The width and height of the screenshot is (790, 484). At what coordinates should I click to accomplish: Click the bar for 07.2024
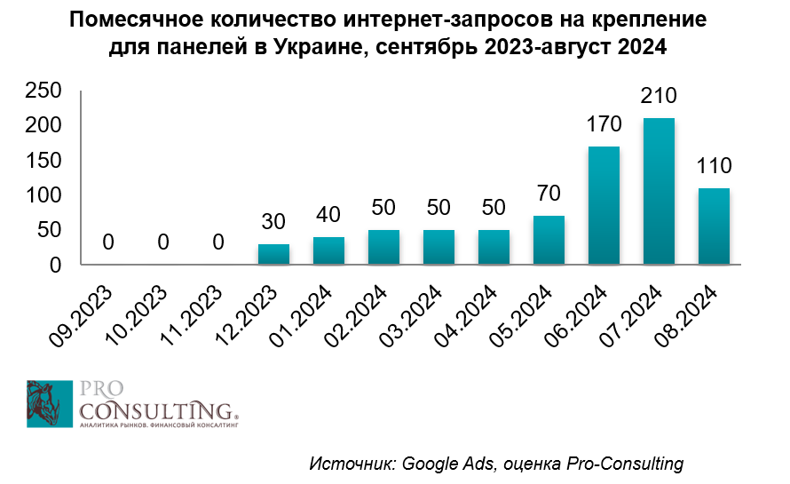[659, 191]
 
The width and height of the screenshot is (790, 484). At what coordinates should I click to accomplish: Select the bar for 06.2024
[604, 205]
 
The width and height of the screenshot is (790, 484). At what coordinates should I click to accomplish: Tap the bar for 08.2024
[714, 226]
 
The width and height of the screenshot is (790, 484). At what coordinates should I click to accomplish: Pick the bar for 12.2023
[273, 254]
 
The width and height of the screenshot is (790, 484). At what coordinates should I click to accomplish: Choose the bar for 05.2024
[549, 240]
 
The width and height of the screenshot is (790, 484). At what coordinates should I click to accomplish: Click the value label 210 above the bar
[659, 95]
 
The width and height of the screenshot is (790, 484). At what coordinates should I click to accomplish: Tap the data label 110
[714, 165]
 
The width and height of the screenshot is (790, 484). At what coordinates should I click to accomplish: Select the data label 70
[549, 193]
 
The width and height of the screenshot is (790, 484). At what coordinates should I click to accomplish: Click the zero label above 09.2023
[108, 242]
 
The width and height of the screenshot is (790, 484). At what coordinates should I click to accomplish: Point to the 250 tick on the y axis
[43, 91]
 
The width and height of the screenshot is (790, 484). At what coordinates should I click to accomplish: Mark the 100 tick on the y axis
[43, 195]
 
